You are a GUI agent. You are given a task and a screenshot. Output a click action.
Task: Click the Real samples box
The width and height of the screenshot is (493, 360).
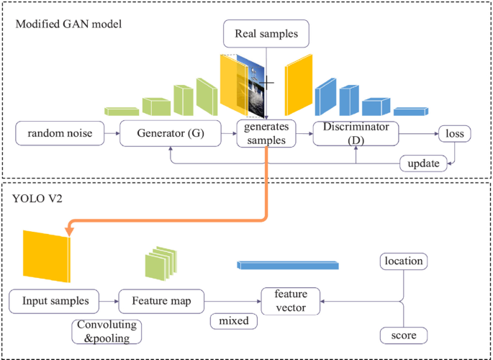click(x=266, y=33)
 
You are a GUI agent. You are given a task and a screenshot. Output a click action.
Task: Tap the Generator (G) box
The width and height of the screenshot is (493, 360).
click(x=169, y=133)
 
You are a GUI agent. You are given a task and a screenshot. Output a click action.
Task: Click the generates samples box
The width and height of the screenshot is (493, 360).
click(x=266, y=133)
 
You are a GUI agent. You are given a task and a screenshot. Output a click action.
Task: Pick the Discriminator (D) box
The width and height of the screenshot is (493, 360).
click(x=356, y=133)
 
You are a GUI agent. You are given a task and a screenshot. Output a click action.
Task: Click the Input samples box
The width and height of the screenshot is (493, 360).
click(x=55, y=300)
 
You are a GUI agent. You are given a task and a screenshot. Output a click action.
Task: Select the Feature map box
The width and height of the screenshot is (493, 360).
click(x=160, y=300)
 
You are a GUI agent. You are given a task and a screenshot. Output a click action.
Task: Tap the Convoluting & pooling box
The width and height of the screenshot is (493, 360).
click(x=107, y=331)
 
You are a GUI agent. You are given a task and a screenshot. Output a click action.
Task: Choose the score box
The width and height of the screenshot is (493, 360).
click(x=403, y=335)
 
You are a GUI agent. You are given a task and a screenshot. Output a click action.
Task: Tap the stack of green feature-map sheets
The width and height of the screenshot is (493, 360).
click(x=160, y=264)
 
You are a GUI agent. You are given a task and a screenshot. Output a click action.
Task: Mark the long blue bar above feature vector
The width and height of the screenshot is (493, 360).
click(x=286, y=265)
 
